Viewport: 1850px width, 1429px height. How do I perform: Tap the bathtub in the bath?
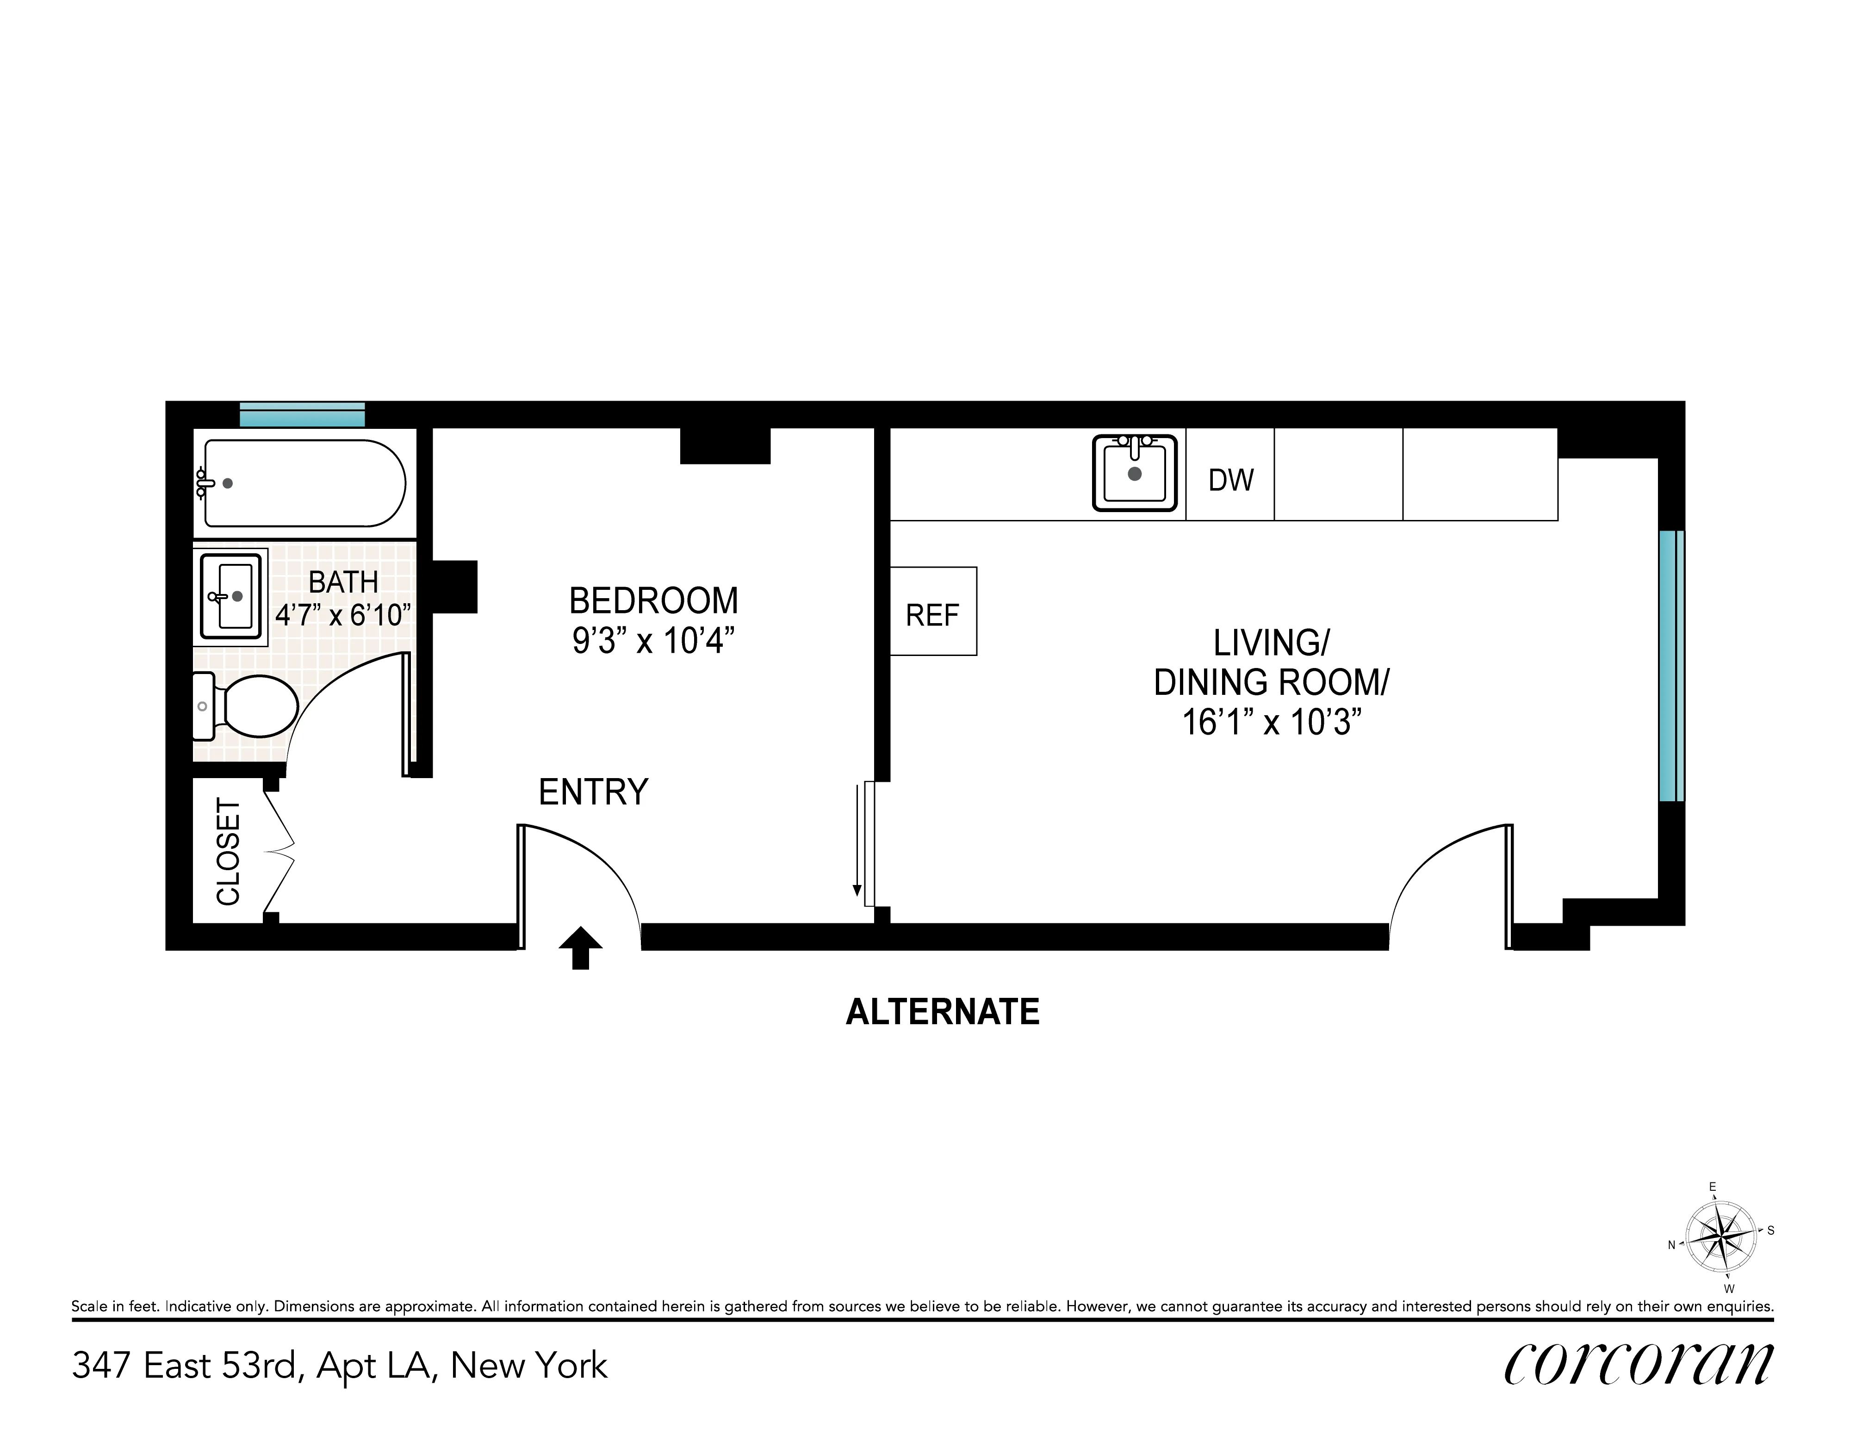point(303,483)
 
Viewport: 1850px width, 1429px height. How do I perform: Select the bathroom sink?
point(230,596)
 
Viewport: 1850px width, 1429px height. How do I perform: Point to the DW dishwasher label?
point(1230,480)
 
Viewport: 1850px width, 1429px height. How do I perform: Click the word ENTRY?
point(593,792)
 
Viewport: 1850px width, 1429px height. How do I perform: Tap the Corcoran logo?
point(1638,1364)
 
